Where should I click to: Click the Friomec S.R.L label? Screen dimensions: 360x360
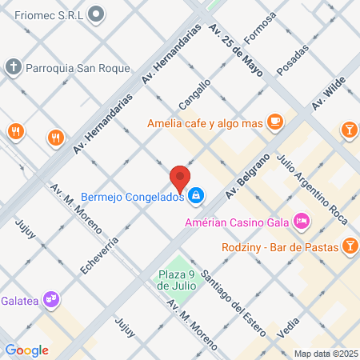pos(42,14)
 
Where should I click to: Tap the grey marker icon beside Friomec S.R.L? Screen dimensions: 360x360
pos(97,14)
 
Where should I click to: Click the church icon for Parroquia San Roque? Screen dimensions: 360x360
pos(14,67)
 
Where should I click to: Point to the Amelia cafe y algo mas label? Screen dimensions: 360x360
pos(206,123)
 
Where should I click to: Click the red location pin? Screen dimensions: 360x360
pos(180,177)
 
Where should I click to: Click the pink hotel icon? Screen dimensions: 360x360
pos(301,219)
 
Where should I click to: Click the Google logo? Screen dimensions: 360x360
pos(26,350)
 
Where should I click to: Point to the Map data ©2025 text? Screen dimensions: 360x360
pos(325,354)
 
